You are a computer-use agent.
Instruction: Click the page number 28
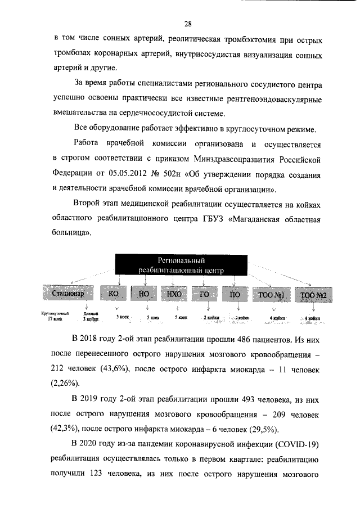click(188, 23)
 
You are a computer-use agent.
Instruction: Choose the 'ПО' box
click(235, 294)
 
